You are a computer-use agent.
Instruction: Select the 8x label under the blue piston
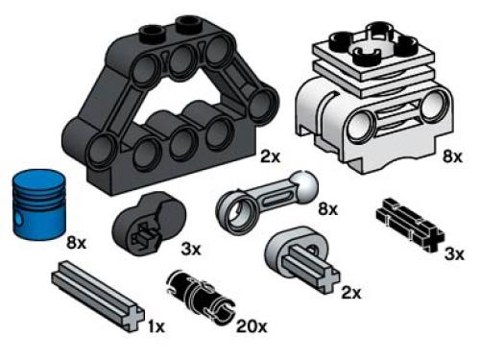pyautogui.click(x=76, y=245)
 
